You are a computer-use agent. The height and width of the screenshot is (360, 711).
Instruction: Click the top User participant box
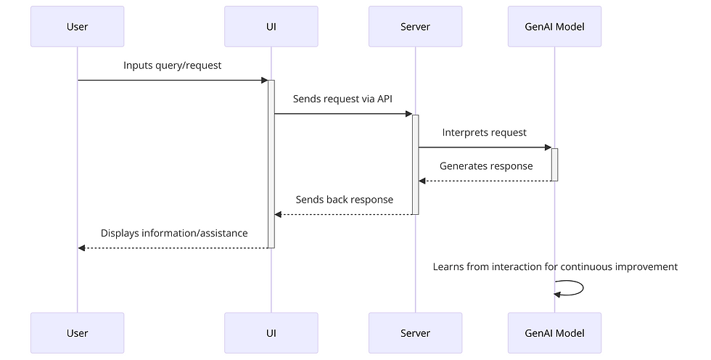[x=77, y=27]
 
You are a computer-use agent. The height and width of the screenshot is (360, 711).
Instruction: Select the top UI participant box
[x=271, y=27]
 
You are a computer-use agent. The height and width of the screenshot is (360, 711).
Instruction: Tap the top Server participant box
[x=415, y=27]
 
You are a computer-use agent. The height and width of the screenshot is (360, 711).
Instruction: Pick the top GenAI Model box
[x=554, y=27]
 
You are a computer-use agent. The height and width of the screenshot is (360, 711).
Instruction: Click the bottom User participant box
[x=77, y=333]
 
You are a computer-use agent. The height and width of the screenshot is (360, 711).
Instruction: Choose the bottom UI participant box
[x=271, y=333]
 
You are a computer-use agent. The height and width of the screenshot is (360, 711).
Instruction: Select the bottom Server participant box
[x=415, y=333]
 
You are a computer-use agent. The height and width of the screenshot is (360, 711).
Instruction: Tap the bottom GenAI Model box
[x=554, y=333]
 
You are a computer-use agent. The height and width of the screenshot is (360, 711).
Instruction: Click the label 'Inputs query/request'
[x=172, y=65]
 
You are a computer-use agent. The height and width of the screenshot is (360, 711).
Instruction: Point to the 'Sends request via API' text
[x=342, y=99]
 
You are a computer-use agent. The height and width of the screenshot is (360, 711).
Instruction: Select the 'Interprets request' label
[x=484, y=133]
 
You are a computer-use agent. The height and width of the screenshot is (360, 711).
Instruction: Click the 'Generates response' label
[x=485, y=166]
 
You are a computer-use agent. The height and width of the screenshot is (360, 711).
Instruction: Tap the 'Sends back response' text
[x=344, y=200]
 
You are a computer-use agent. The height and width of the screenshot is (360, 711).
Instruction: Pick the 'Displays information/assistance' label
[x=174, y=234]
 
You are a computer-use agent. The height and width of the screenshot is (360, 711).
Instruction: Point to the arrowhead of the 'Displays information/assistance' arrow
[x=82, y=248]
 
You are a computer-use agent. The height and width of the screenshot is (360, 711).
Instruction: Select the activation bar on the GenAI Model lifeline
[x=554, y=164]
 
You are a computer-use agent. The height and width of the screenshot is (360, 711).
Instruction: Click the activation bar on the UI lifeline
[x=271, y=163]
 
